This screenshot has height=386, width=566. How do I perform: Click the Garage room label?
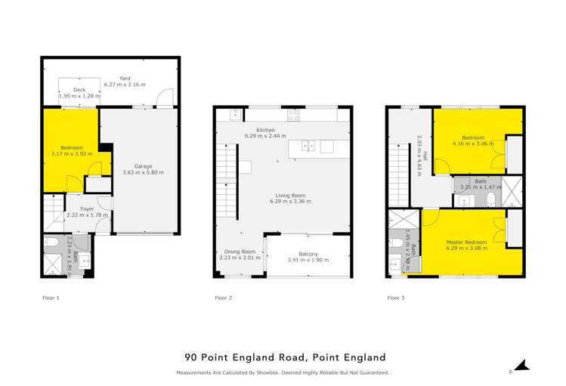(143, 165)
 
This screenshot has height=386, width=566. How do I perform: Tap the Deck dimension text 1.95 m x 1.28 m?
(79, 96)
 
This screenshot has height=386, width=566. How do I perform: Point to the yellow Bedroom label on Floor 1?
(72, 147)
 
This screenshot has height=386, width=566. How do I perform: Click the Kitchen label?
(265, 130)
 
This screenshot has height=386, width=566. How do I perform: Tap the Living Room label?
(285, 195)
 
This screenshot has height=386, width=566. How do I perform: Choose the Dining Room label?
(240, 252)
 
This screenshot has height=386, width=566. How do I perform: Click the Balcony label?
(308, 254)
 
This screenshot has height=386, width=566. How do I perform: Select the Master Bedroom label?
(466, 241)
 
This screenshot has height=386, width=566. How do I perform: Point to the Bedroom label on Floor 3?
(473, 137)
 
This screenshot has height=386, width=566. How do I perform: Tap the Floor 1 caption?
(51, 298)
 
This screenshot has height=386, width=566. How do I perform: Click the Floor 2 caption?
(224, 298)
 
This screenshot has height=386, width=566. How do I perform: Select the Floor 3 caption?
(395, 298)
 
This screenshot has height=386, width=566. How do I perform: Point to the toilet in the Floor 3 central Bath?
(490, 199)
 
